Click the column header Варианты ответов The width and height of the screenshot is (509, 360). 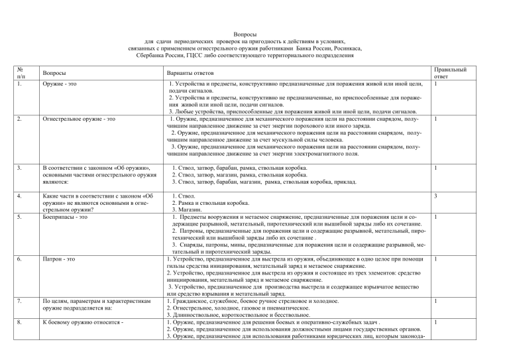pos(193,75)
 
